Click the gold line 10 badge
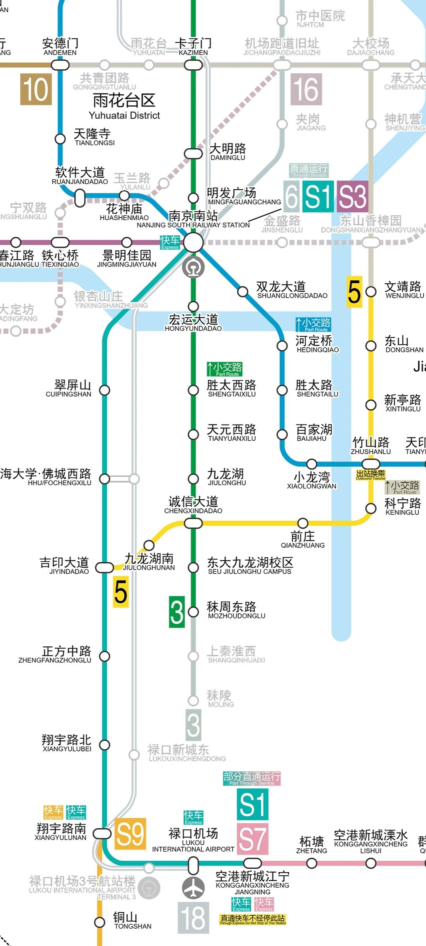pos(36,89)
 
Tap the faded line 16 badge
pos(306,89)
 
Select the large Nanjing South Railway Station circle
pos(193,242)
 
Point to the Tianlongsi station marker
pos(60,139)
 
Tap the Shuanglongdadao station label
pos(292,290)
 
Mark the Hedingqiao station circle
pos(282,346)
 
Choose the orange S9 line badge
pos(130,834)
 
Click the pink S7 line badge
pos(252,838)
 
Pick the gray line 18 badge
pos(193,918)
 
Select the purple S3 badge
pos(352,196)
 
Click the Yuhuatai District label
pos(124,106)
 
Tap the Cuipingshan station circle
pos(105,390)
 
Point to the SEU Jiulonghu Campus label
pos(250,566)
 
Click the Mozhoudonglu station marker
pos(193,612)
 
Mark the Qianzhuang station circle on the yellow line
pos(303,523)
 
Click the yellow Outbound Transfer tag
pos(370,475)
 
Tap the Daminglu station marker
pos(193,153)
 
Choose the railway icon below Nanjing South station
pos(193,268)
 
